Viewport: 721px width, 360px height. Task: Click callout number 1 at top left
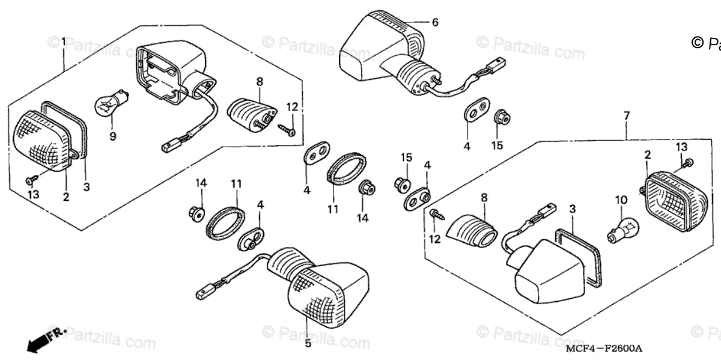click(x=64, y=41)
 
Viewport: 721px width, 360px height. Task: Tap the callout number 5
click(x=307, y=343)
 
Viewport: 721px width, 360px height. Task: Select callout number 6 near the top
click(x=435, y=23)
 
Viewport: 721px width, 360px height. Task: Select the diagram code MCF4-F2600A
click(x=603, y=349)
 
